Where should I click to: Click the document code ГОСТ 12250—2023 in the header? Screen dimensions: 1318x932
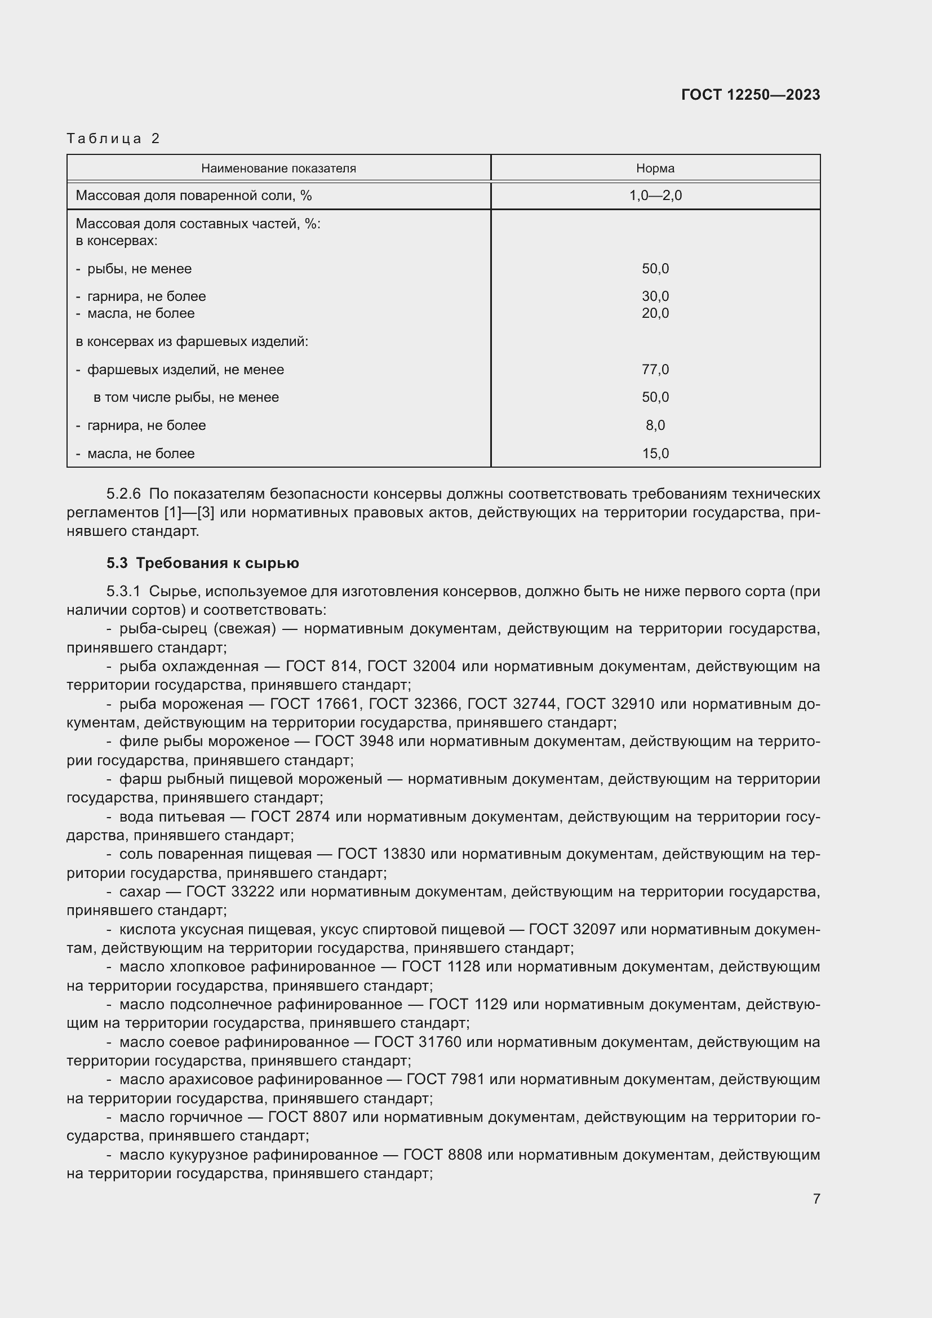click(x=750, y=95)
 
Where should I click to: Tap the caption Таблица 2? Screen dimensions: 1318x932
click(x=113, y=139)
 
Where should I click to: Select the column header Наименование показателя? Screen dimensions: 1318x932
click(x=278, y=168)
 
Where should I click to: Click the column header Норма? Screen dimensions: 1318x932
click(x=655, y=168)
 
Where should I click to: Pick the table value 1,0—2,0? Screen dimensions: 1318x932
click(x=655, y=196)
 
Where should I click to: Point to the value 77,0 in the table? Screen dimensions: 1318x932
click(x=655, y=369)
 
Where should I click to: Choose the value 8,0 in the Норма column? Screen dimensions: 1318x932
click(x=655, y=425)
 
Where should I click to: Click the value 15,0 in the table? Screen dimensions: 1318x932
click(x=655, y=454)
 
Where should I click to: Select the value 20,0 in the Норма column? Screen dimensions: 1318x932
click(x=655, y=313)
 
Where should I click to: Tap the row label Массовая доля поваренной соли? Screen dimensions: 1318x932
click(x=193, y=196)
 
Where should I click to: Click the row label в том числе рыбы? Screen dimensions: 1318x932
click(x=186, y=397)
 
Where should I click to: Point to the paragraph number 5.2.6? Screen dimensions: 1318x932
click(x=123, y=494)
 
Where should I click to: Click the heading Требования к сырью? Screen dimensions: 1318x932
click(x=217, y=563)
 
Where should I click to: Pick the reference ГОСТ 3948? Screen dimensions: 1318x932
click(x=353, y=741)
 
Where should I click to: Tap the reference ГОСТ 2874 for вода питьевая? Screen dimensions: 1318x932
click(x=290, y=816)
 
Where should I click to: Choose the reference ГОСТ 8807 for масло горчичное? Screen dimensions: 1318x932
click(x=307, y=1117)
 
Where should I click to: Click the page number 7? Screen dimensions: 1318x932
click(x=816, y=1199)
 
